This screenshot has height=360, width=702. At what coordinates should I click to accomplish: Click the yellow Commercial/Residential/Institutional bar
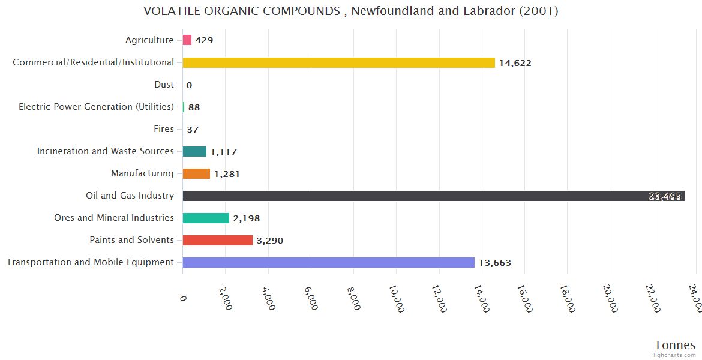[339, 62]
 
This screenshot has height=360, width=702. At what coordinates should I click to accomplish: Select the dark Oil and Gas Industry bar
[433, 196]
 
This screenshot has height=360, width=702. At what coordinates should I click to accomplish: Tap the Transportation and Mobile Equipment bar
[328, 262]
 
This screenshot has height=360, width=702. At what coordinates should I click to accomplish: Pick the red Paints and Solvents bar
[217, 240]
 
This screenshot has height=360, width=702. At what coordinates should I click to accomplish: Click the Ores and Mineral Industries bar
[206, 218]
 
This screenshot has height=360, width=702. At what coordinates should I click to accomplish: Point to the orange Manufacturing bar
[196, 173]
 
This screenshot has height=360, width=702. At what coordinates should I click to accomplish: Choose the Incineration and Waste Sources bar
[194, 151]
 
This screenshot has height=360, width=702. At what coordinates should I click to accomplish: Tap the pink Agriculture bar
[187, 40]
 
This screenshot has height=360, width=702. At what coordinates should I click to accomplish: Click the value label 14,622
[515, 63]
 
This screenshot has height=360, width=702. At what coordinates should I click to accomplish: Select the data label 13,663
[494, 263]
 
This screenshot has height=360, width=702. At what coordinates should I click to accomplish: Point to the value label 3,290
[269, 241]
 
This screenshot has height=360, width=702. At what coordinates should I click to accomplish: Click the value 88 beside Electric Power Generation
[194, 107]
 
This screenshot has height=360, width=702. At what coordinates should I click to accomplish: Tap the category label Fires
[164, 129]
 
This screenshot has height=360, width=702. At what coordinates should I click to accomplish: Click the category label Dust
[164, 85]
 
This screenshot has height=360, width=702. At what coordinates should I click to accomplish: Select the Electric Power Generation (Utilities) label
[96, 107]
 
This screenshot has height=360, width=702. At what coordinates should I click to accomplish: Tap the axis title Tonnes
[675, 345]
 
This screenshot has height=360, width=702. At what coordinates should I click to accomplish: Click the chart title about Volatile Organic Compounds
[351, 11]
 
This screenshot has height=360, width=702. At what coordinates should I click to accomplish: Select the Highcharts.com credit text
[674, 355]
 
